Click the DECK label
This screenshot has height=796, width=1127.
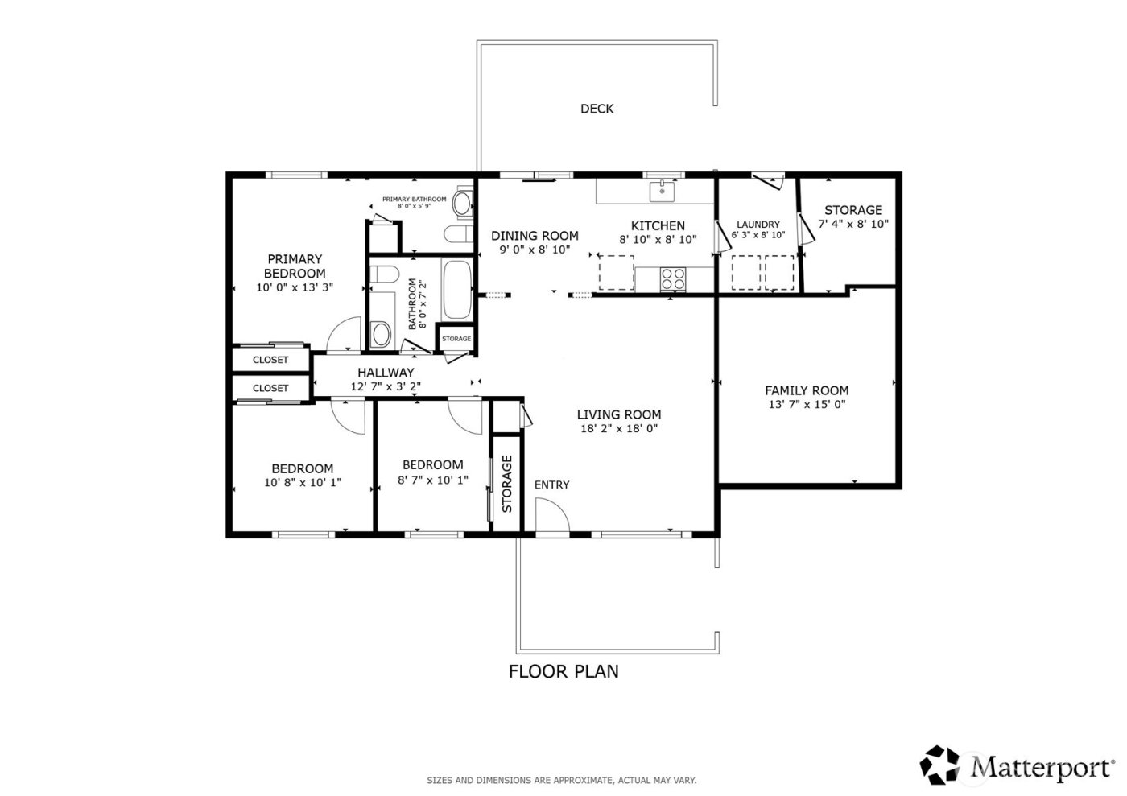coord(597,109)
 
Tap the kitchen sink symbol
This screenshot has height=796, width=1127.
coord(662,192)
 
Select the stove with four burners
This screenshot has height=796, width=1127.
coord(673,278)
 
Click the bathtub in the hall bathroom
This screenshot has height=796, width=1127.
coord(459,290)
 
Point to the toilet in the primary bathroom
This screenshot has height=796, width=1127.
coord(461,204)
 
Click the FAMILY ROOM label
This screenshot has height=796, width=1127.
coord(807,390)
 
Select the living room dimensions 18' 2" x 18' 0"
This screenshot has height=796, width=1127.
coord(618,429)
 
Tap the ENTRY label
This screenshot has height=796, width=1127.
coord(551,485)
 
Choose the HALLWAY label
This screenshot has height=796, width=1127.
coord(386,373)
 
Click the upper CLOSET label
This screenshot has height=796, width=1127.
coord(270,360)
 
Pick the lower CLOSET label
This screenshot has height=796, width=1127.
coord(270,388)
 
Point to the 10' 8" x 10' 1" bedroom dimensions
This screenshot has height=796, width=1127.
coord(302,483)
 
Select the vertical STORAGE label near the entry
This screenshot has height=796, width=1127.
coord(507,484)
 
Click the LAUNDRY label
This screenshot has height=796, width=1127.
coord(758,225)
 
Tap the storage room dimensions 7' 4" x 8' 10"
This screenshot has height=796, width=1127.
coord(853,225)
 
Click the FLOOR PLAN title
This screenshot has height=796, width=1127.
coord(563,671)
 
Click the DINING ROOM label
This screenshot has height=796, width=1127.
coord(535,236)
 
